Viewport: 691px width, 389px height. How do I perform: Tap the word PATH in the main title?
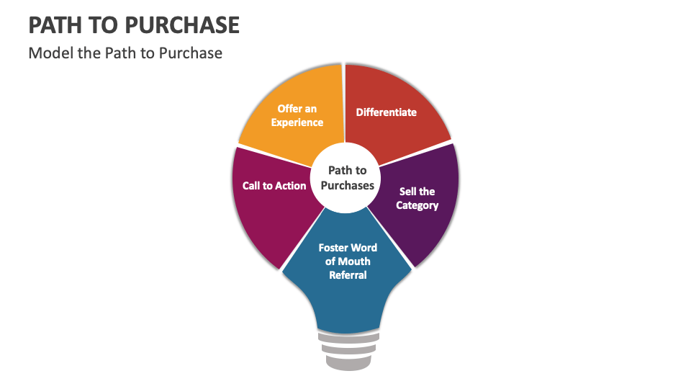point(53,25)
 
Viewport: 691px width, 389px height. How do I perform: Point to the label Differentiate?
point(387,112)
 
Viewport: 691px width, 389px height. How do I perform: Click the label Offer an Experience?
point(297,115)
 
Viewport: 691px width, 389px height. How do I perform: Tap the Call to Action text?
point(274,186)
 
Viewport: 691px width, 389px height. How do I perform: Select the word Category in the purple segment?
point(417,205)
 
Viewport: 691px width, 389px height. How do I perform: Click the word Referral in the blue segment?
point(348,275)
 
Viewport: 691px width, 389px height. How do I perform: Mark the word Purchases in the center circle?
point(348,185)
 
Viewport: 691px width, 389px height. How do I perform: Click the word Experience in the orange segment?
point(297,122)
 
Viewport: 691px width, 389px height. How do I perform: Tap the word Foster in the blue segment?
point(333,248)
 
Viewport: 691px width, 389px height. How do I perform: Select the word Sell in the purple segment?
point(407,192)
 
